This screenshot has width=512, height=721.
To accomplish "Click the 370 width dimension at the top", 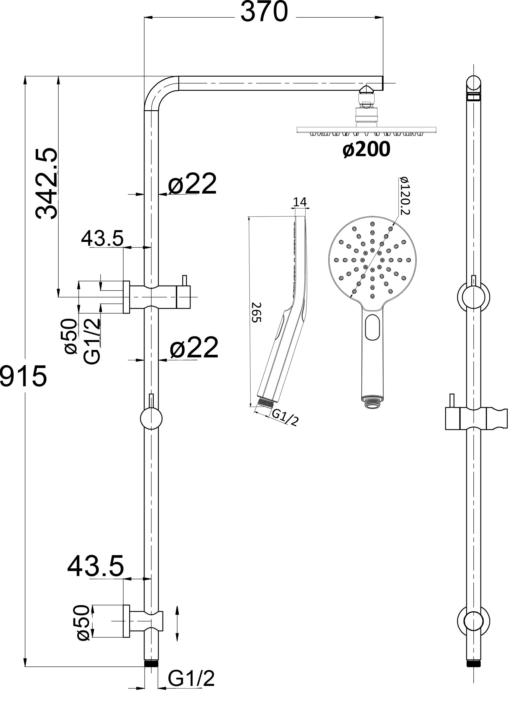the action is (x=264, y=12).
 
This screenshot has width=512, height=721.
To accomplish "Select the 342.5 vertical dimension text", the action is (x=47, y=184).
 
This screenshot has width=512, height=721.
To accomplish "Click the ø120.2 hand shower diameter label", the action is (x=404, y=196).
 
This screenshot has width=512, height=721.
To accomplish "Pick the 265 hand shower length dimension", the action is (x=256, y=312).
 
